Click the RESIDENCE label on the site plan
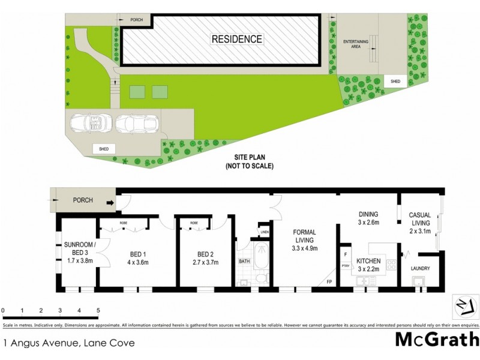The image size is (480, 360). (236, 40)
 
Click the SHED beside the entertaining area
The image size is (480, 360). (395, 82)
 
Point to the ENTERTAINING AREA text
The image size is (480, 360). (355, 44)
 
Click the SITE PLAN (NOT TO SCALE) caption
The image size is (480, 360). (249, 162)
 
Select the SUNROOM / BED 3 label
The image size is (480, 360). (79, 248)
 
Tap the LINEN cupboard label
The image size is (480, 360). (264, 232)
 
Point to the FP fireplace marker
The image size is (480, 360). (329, 281)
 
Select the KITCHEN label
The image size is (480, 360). (369, 262)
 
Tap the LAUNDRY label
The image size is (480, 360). (421, 269)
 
